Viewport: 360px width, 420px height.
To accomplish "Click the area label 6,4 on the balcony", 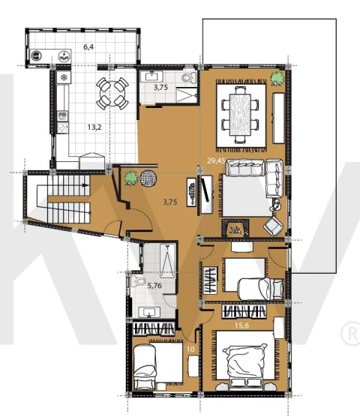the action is tap(88, 47).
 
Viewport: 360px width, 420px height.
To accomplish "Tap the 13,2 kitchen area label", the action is tap(94, 127).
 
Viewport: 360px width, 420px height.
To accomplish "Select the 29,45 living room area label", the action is tap(216, 160).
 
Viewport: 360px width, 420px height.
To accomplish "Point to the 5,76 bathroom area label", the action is tap(154, 286).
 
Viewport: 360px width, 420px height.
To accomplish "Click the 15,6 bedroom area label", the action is tap(241, 325).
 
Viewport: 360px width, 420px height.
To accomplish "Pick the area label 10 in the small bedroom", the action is tap(190, 349).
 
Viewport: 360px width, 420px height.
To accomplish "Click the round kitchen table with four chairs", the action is tap(112, 93).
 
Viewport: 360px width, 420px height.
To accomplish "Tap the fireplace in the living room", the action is tap(235, 228).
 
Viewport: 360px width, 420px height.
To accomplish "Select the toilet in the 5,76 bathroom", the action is tap(138, 282).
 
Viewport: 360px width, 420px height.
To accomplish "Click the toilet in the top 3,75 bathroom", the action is tap(189, 78).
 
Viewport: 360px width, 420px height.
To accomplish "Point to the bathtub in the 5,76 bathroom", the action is tap(167, 261).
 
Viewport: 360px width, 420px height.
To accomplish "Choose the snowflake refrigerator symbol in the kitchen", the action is tap(64, 78).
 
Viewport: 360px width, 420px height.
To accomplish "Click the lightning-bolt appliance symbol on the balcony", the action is tap(64, 56).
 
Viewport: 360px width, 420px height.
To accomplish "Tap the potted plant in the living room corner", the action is tap(277, 78).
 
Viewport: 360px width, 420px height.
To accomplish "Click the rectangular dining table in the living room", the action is tap(240, 114).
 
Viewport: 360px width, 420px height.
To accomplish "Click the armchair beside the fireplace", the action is tap(273, 226).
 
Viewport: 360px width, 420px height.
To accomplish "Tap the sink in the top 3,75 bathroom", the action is tap(151, 76).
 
